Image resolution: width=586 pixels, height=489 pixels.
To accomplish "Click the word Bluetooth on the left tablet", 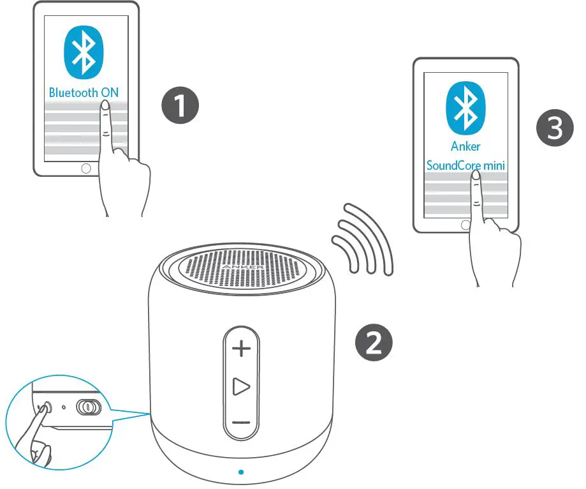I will coord(74,92).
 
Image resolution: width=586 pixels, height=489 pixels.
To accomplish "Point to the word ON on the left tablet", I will coord(110,92).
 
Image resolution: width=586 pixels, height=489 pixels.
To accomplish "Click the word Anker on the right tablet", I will coord(465,146).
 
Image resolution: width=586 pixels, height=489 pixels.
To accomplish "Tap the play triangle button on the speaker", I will coord(241,386).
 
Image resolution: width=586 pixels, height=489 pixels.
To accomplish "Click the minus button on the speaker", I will coord(241,423).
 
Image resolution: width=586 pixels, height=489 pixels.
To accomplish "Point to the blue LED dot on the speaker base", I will coord(240,472).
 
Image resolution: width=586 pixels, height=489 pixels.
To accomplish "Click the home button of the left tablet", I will coord(86,169).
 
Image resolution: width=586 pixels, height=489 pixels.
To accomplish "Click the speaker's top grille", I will coord(242,269).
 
